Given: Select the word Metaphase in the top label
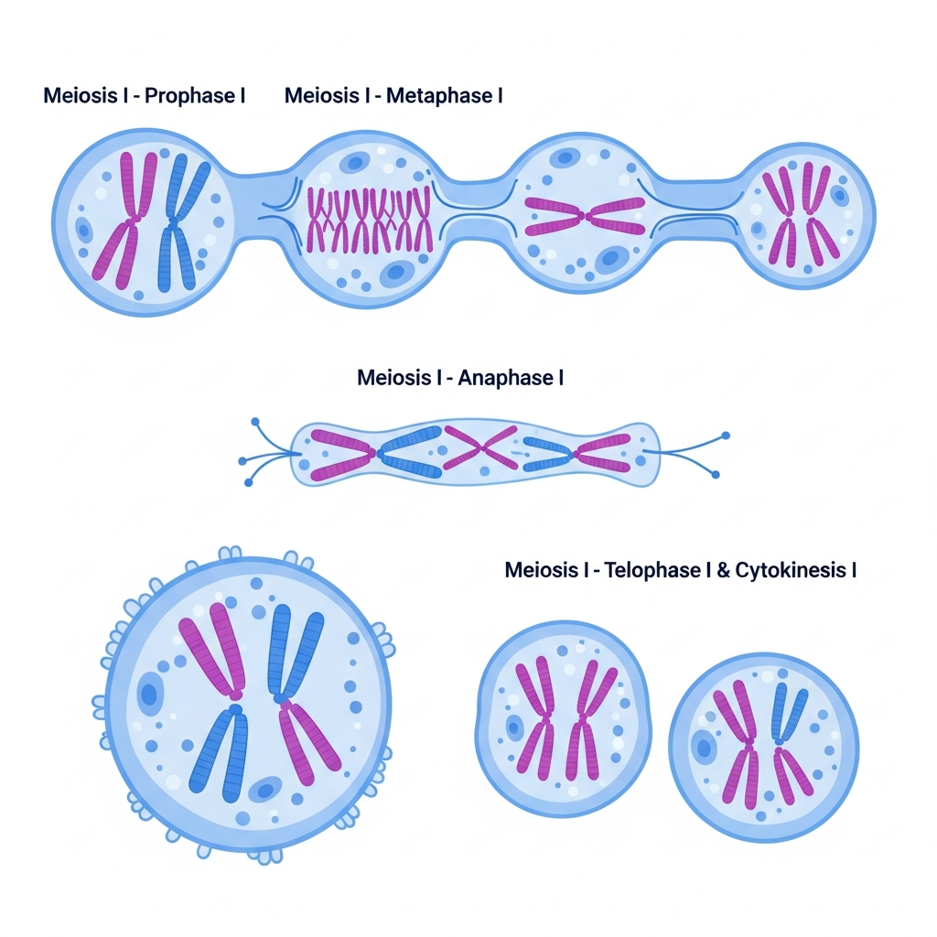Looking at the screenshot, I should pos(438,95).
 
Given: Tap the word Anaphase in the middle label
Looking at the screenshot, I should pos(509,377).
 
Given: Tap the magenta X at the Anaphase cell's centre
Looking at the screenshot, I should pos(482,447).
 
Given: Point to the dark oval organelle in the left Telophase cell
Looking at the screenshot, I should pos(514,728).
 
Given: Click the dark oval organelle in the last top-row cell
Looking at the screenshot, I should pos(839,195).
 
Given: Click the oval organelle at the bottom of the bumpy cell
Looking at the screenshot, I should pos(265,789).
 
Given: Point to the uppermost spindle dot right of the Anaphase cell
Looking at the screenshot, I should pos(726,436).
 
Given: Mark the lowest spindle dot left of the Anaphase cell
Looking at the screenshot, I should pos(249,481).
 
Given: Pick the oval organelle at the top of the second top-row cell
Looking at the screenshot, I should pos(353,163).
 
